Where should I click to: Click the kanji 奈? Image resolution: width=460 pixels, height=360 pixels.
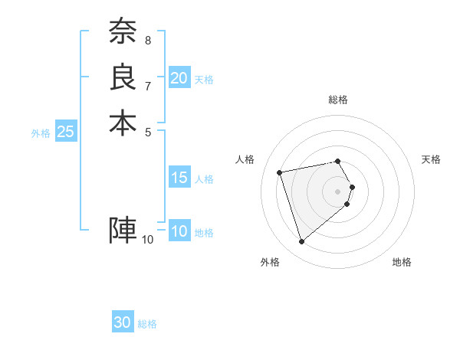123,31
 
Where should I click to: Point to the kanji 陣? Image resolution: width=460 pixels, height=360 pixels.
123,230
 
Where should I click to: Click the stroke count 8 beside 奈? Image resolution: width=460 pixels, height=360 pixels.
148,39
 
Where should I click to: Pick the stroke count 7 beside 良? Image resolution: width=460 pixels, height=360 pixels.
148,85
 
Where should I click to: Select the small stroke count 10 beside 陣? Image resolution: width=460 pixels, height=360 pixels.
148,239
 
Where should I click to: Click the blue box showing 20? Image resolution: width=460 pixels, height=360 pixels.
179,78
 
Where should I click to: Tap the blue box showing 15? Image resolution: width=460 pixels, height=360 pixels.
179,178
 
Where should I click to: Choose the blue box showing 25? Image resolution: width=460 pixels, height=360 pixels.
66,132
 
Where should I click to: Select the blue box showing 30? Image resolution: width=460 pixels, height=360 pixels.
123,323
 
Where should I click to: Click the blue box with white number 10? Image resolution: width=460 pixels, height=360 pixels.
179,231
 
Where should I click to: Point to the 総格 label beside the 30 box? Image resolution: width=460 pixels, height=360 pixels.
147,324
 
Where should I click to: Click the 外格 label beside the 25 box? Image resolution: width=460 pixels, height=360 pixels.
41,133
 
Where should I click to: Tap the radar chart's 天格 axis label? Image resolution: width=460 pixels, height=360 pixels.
431,159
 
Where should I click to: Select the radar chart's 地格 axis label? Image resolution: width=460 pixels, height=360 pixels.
402,262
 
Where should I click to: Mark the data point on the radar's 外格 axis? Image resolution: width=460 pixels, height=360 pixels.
301,241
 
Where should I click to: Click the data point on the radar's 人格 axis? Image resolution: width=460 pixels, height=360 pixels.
280,172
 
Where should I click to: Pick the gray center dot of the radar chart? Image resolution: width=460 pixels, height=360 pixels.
338,190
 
